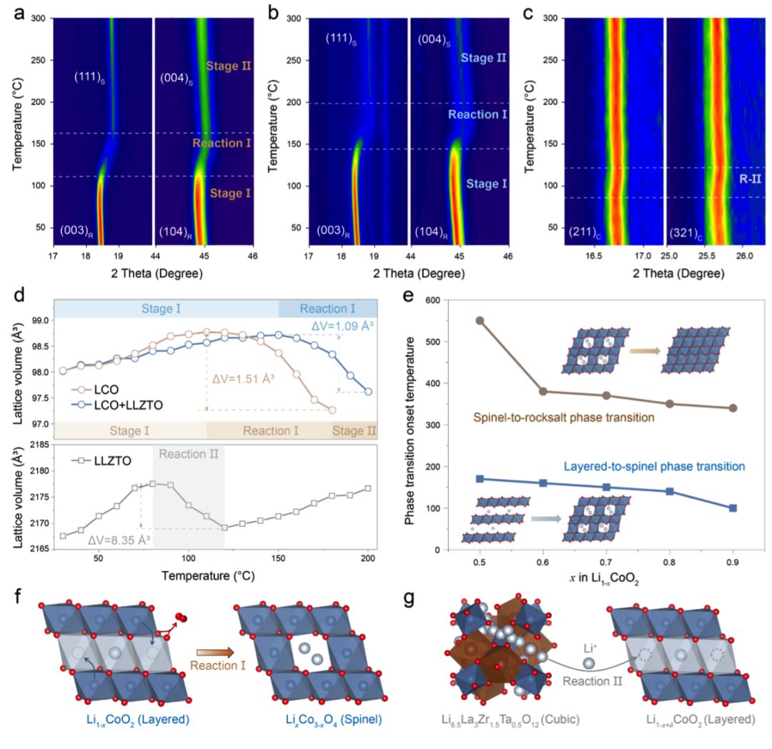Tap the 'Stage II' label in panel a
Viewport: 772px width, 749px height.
point(228,66)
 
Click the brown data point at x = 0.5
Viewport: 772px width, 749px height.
point(480,320)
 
